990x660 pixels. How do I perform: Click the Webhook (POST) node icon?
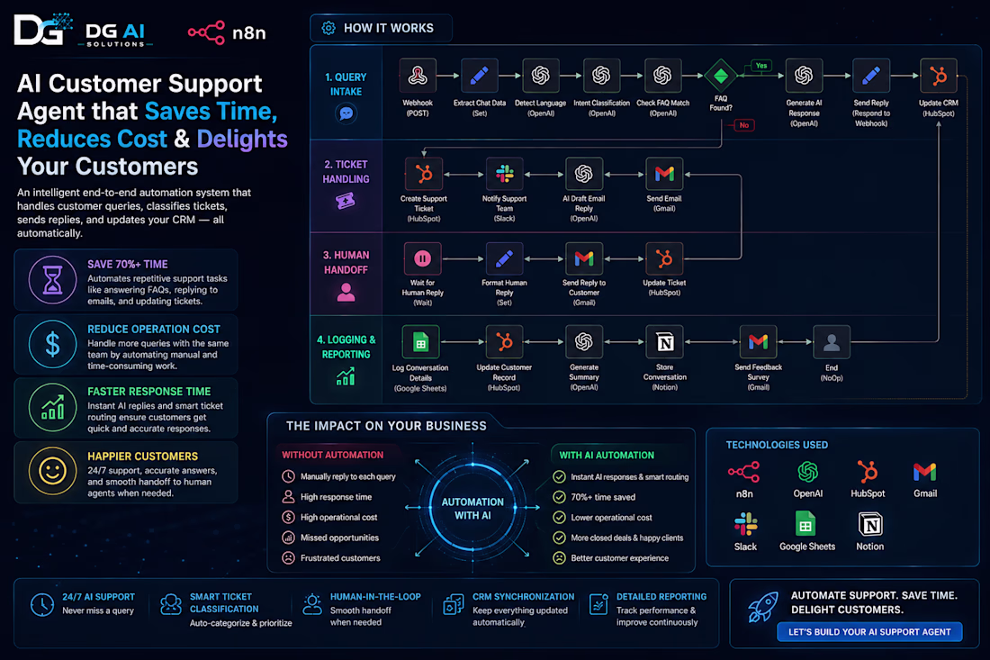418,76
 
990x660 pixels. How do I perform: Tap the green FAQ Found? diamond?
720,76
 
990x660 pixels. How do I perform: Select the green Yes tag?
761,66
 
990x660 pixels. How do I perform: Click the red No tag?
743,125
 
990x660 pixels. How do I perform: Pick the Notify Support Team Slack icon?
505,174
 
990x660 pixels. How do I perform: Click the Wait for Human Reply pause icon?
422,258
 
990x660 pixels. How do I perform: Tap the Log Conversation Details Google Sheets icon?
420,342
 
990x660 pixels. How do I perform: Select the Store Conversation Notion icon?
665,342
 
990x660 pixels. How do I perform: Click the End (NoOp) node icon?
832,342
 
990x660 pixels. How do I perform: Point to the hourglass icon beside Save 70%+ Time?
52,280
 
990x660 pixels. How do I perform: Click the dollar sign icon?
52,344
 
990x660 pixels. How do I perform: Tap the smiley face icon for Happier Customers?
52,471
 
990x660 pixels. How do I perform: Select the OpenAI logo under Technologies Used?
807,472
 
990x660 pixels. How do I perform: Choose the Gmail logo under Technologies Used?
925,472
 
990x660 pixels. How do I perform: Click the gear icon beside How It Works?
328,29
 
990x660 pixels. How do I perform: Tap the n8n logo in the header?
227,32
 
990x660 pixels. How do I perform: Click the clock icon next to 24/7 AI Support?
42,604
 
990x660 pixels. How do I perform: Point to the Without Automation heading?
333,455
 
